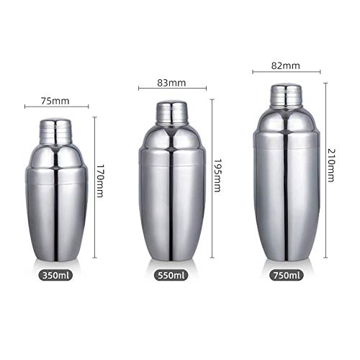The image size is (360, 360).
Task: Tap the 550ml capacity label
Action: click(x=171, y=275)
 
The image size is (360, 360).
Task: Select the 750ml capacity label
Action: click(x=287, y=275)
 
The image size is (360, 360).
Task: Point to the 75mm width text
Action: click(x=55, y=101)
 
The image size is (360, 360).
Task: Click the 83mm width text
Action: click(x=171, y=83)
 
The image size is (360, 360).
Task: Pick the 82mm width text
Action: click(x=286, y=66)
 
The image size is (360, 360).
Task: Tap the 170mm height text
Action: click(x=100, y=181)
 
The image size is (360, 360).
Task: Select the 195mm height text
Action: click(x=217, y=175)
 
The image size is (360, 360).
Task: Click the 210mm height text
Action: click(x=331, y=166)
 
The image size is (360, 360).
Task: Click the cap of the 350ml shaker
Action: click(x=55, y=132)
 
